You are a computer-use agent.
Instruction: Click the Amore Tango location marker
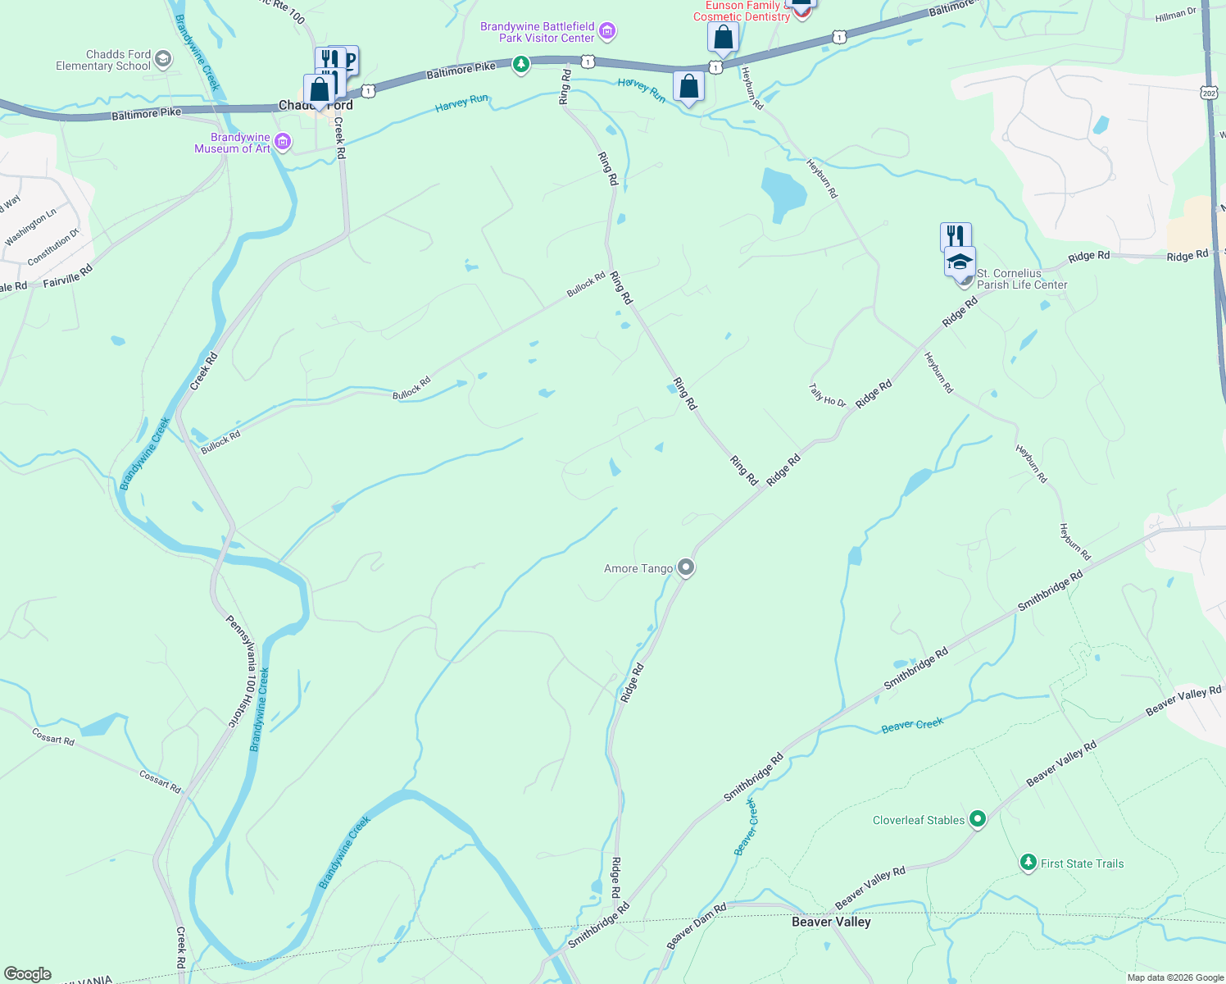coord(686,567)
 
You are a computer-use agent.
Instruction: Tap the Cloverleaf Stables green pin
coord(977,818)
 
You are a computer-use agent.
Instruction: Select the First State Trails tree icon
coord(1028,863)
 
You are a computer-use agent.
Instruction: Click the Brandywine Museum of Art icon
coord(283,143)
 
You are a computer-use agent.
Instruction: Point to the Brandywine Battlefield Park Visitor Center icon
coord(607,32)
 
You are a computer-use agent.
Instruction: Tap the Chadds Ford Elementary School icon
coord(163,58)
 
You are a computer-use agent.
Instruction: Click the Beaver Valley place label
coord(831,922)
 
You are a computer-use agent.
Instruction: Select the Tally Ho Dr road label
coord(827,395)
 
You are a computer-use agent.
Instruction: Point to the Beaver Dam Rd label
coord(697,927)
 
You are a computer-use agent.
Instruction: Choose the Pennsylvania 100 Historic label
coord(240,672)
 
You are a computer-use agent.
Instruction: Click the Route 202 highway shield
coord(1210,93)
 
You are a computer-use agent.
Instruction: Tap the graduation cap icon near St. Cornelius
coord(960,262)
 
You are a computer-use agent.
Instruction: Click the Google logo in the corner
coord(27,973)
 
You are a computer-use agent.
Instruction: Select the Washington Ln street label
coord(30,227)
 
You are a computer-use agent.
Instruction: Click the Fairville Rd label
coord(67,275)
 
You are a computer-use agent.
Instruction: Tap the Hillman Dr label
coord(1175,14)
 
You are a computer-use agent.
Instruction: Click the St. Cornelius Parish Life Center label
coord(1021,279)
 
